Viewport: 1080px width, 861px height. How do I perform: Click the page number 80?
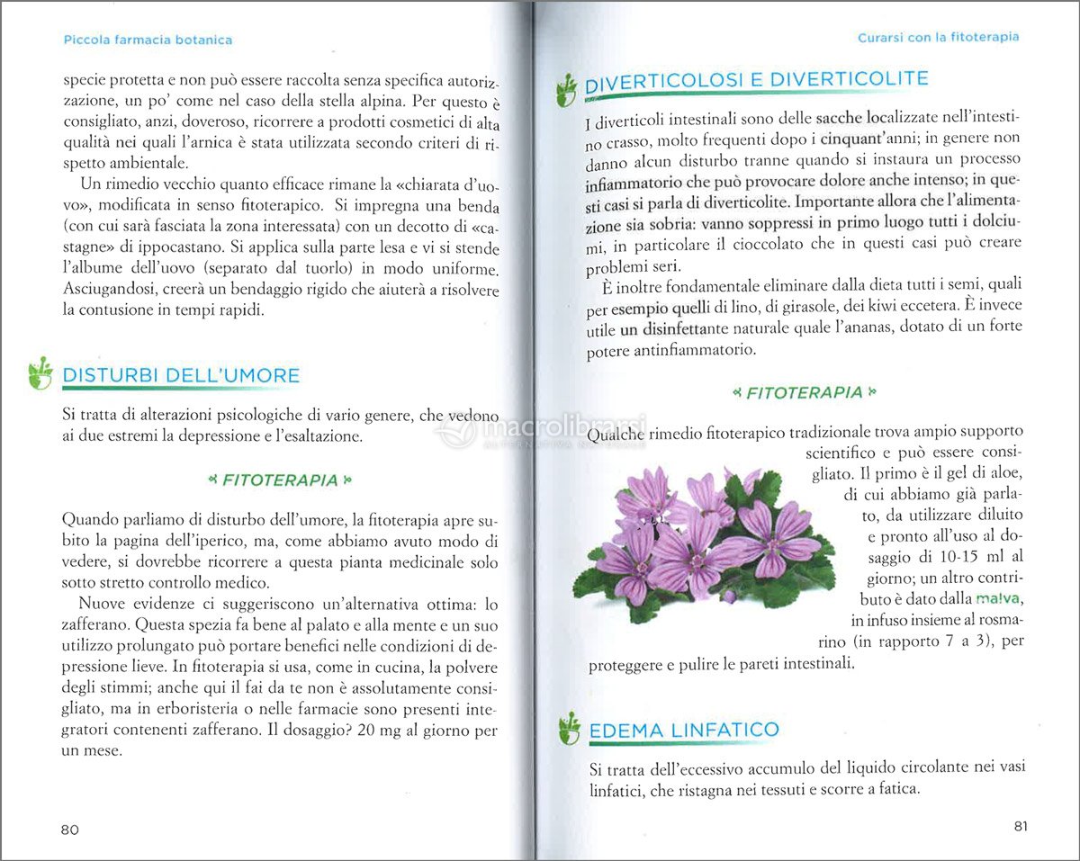point(70,830)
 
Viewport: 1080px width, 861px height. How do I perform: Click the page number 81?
point(1020,827)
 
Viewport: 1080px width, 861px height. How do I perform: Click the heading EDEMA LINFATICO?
point(684,730)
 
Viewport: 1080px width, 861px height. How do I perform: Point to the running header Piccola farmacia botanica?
point(148,40)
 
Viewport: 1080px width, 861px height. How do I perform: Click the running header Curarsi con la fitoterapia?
point(938,37)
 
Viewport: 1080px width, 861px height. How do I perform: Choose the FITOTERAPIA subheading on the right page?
point(804,392)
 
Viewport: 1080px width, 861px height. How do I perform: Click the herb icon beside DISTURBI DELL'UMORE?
point(40,372)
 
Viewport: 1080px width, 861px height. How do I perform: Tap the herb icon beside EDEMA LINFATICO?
point(568,728)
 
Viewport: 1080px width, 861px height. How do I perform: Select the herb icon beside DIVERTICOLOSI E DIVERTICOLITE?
point(566,89)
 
